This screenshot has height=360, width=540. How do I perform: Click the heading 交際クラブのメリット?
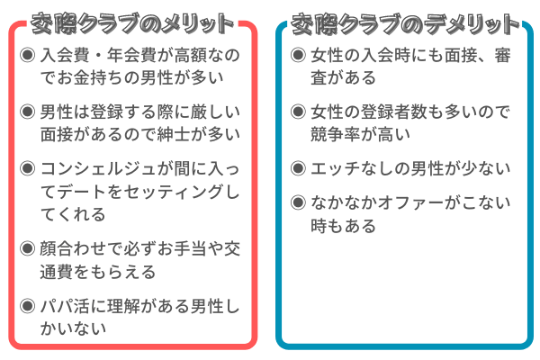coord(132,23)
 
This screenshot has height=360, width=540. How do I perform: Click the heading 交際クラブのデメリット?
coord(405,23)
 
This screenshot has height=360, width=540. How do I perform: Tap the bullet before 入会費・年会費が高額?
coord(28,55)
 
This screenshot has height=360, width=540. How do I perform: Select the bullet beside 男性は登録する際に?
coord(28,112)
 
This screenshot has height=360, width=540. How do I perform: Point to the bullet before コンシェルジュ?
coord(28,168)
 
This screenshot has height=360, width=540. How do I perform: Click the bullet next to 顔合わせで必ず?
coord(28,248)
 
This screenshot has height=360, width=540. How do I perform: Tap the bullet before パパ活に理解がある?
coord(28,306)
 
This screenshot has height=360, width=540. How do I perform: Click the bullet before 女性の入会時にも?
coord(298,55)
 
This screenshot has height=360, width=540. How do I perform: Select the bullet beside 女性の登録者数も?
coord(298,112)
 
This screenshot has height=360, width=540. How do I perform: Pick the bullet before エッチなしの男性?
coord(298,168)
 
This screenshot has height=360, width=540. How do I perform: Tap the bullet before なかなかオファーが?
coord(298,202)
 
